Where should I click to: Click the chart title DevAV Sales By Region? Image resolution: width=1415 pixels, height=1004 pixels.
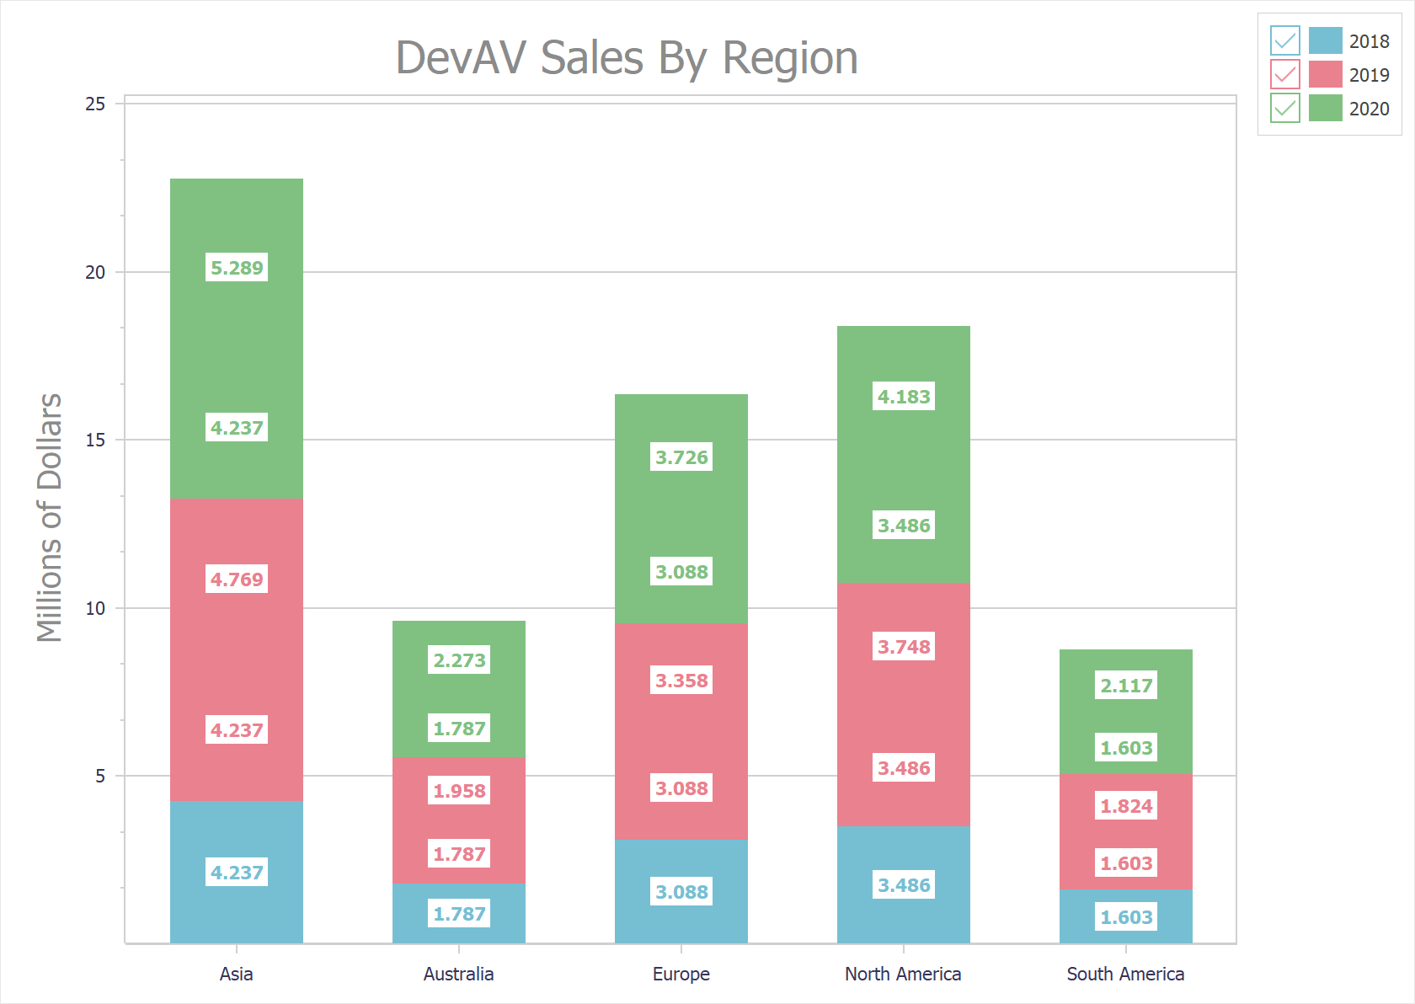[x=627, y=58]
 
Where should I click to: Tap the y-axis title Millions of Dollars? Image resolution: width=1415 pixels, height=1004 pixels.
[x=50, y=517]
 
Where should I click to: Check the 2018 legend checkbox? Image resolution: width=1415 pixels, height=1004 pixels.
[x=1284, y=40]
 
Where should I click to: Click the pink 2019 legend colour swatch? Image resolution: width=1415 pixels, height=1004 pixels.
[x=1325, y=74]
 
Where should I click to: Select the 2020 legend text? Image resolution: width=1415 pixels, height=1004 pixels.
[x=1369, y=109]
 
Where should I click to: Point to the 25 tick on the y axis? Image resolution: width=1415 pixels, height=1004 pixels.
[x=95, y=104]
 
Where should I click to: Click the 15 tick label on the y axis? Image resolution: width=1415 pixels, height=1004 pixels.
[x=95, y=440]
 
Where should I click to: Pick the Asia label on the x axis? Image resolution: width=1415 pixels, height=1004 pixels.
[x=236, y=974]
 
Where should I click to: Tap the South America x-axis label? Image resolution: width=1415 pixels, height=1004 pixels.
[x=1125, y=974]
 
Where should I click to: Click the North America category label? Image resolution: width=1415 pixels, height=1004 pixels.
[x=903, y=974]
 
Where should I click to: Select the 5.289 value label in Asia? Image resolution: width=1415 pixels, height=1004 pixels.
[x=237, y=268]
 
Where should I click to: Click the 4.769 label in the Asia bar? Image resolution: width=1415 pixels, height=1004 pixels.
[x=237, y=579]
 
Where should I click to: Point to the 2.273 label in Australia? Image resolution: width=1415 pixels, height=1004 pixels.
[x=459, y=660]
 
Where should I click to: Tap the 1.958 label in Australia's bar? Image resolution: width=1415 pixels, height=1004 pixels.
[x=459, y=791]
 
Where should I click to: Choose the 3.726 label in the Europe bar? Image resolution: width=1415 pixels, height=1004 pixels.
[x=681, y=457]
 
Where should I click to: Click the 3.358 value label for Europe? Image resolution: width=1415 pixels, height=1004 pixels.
[x=681, y=681]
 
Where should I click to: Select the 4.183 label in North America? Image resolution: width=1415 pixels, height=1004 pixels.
[x=904, y=397]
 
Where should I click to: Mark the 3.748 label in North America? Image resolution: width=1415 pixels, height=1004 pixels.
[x=904, y=647]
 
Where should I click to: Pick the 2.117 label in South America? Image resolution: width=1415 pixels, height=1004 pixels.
[x=1126, y=686]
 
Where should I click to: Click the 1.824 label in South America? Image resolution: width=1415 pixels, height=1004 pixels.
[x=1126, y=806]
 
